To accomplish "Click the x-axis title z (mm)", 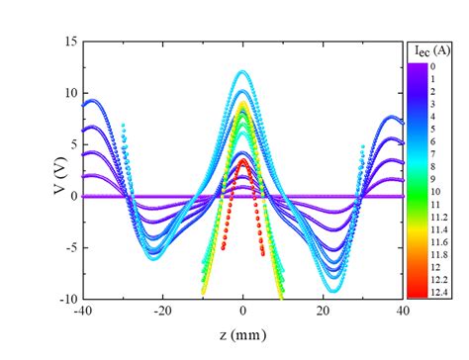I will [x=242, y=339].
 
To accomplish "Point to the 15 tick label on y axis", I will [x=70, y=42].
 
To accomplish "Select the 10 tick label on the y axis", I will [x=70, y=93].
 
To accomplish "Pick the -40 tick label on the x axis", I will [x=84, y=314].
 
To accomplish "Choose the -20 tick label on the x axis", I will [x=163, y=314].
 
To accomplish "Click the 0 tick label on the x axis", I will [x=243, y=314].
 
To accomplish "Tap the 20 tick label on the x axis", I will [x=324, y=314].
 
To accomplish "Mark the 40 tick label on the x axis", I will [x=403, y=314].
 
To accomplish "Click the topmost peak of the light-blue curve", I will [x=243, y=71].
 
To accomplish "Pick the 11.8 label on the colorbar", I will [x=441, y=251].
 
